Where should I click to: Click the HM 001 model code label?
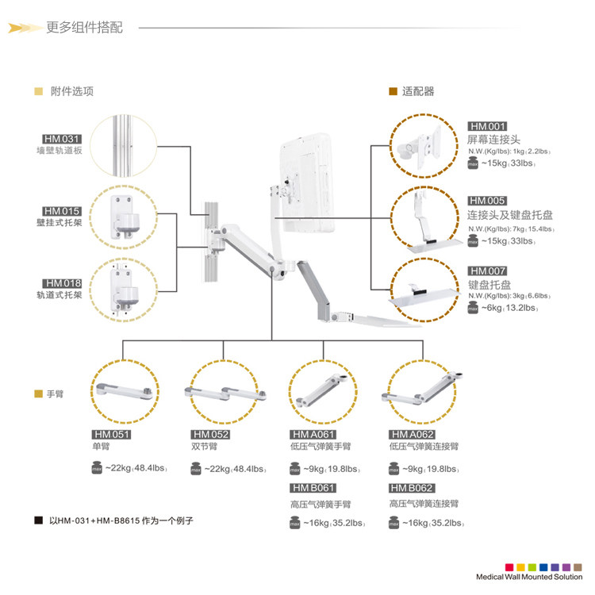(487, 127)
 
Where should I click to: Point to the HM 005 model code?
(487, 201)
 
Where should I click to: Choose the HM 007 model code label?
(487, 271)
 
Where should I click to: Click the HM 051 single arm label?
(111, 434)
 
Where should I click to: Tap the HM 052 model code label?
(211, 434)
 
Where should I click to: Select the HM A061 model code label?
(313, 434)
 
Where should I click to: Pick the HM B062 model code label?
(412, 488)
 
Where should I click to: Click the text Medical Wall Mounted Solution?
(527, 578)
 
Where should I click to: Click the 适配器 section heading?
(418, 91)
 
